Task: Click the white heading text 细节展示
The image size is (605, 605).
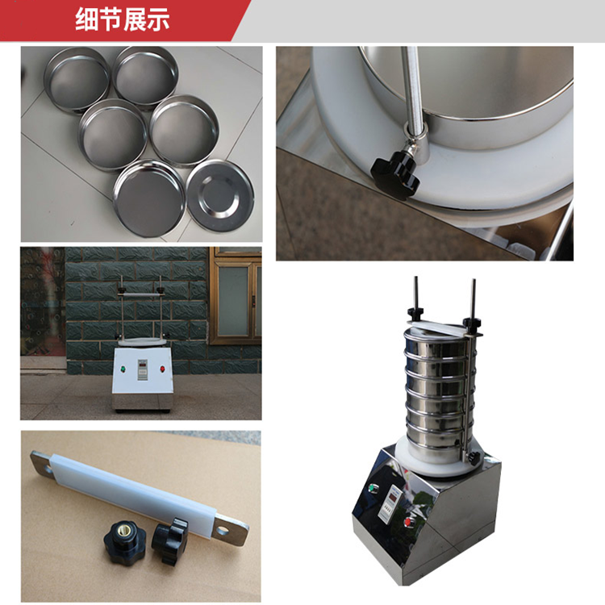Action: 123,19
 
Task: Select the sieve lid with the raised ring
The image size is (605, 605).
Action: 220,196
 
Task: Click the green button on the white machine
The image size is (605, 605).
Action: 123,369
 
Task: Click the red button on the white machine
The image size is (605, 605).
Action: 163,369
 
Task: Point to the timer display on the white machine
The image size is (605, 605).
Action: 143,369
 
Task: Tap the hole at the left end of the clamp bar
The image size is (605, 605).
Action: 47,469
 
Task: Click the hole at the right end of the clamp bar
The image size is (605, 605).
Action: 222,531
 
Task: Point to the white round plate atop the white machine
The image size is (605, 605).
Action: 143,342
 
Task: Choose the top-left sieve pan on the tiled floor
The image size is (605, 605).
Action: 77,80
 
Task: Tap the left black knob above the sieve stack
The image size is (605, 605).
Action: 415,311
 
